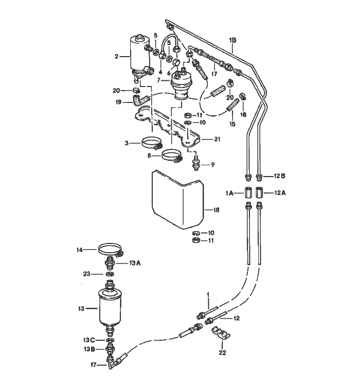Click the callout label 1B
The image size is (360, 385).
[232, 39]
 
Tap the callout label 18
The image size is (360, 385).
[216, 209]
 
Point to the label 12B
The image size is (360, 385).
[280, 176]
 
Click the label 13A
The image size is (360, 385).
[135, 263]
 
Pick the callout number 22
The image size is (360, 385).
[222, 353]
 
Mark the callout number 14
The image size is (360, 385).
[80, 250]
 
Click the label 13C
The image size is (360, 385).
[88, 340]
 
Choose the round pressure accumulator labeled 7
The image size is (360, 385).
[180, 82]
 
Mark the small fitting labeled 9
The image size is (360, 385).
[196, 165]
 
